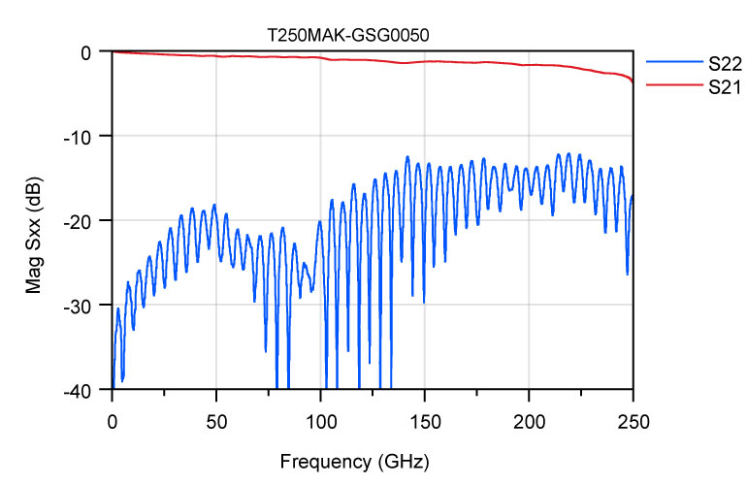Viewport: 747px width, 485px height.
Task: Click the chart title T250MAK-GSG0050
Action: pos(347,33)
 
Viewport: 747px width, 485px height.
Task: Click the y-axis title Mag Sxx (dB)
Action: pos(35,221)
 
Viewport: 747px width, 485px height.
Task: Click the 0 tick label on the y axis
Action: pos(87,51)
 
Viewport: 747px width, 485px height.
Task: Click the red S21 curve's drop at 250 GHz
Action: pos(632,79)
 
